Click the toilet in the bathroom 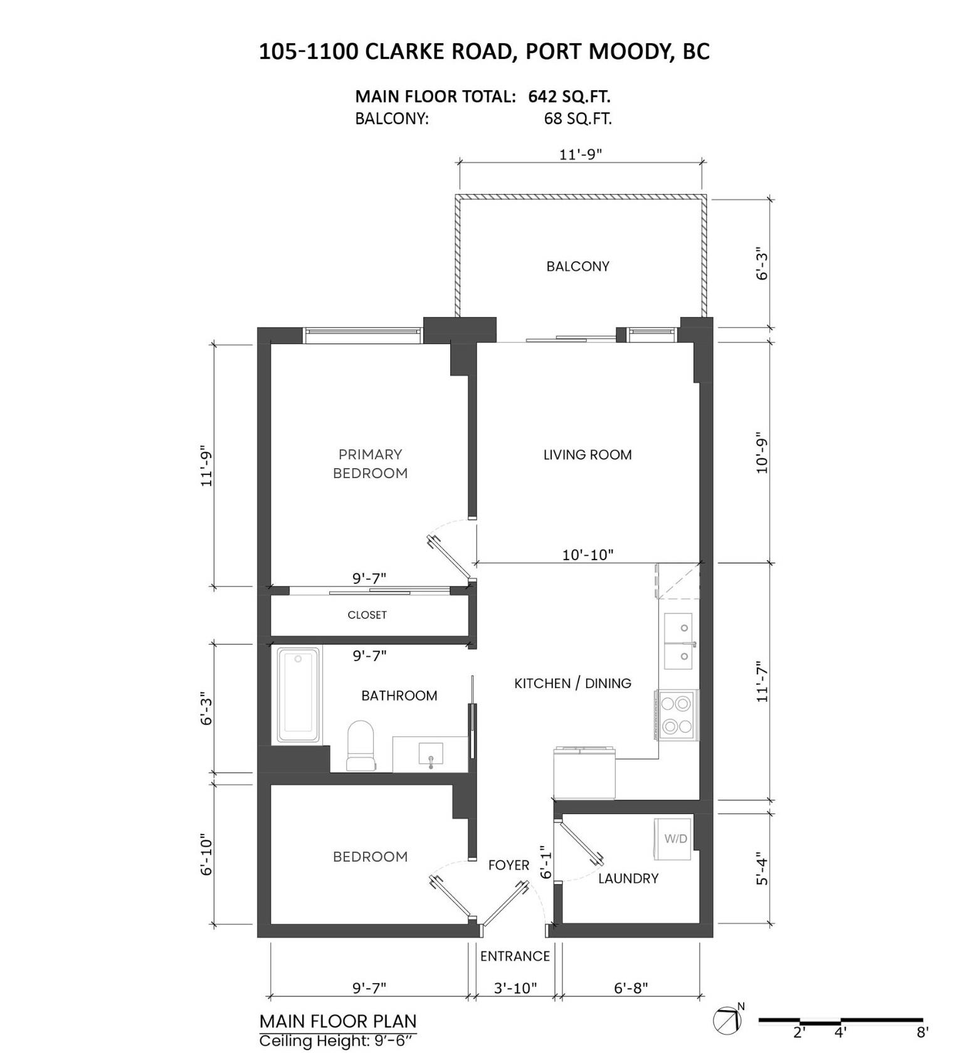[x=361, y=746]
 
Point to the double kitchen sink [x=678, y=641]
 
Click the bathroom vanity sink [x=431, y=754]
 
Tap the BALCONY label [x=577, y=266]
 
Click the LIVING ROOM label [x=588, y=455]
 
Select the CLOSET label [x=367, y=615]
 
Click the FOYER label [x=509, y=865]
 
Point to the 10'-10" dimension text [x=588, y=555]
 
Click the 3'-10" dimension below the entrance [x=515, y=988]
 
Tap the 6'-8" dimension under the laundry [x=630, y=988]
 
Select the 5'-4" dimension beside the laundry [x=761, y=868]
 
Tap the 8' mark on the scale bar [x=922, y=1032]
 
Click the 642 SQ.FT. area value [x=569, y=97]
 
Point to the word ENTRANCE [x=515, y=956]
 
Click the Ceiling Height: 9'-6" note [x=337, y=1041]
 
